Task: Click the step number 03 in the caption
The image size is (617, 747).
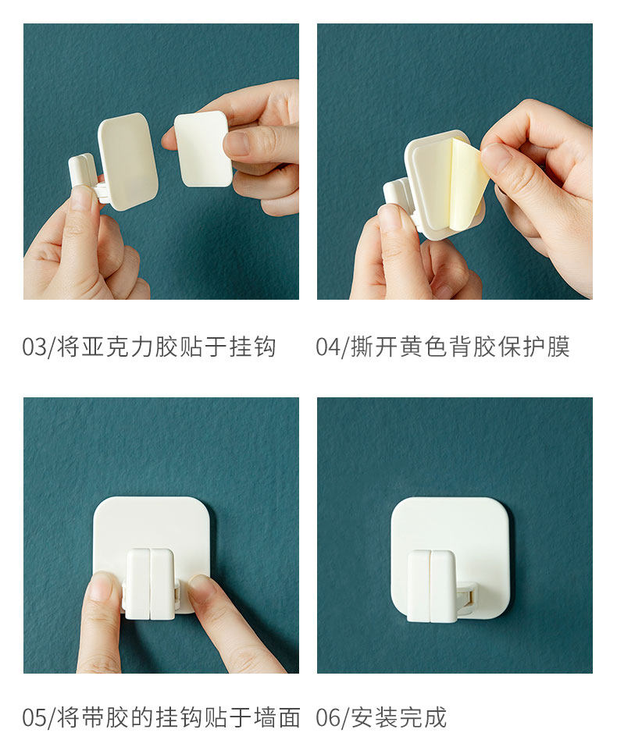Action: [x=34, y=347]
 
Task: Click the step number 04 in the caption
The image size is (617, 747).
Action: [x=328, y=347]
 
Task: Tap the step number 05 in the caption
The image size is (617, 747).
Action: [x=34, y=717]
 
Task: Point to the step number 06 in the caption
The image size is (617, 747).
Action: [x=328, y=717]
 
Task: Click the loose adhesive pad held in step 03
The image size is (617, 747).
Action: [x=202, y=148]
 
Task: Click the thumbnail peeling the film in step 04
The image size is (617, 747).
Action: [x=494, y=157]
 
